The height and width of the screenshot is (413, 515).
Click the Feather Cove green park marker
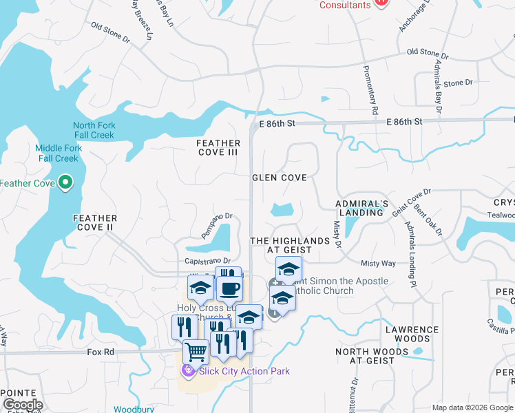pyautogui.click(x=65, y=182)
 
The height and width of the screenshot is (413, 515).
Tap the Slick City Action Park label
pyautogui.click(x=244, y=372)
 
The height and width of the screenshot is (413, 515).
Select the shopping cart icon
pyautogui.click(x=196, y=352)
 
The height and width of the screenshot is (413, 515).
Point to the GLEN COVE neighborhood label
pyautogui.click(x=279, y=178)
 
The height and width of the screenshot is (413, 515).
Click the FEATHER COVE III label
pyautogui.click(x=218, y=147)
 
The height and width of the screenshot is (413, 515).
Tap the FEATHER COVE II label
pyautogui.click(x=94, y=222)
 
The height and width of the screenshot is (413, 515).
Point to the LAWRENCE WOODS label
pyautogui.click(x=412, y=335)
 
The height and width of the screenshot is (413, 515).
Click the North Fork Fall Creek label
pyautogui.click(x=94, y=130)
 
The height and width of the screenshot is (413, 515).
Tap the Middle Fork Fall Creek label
pyautogui.click(x=59, y=153)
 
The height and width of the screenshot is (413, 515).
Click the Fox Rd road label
pyautogui.click(x=100, y=352)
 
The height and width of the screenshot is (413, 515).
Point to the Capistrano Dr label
pyautogui.click(x=207, y=261)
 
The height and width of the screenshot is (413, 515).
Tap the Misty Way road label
pyautogui.click(x=378, y=264)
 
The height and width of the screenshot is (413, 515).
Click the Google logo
pyautogui.click(x=23, y=405)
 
